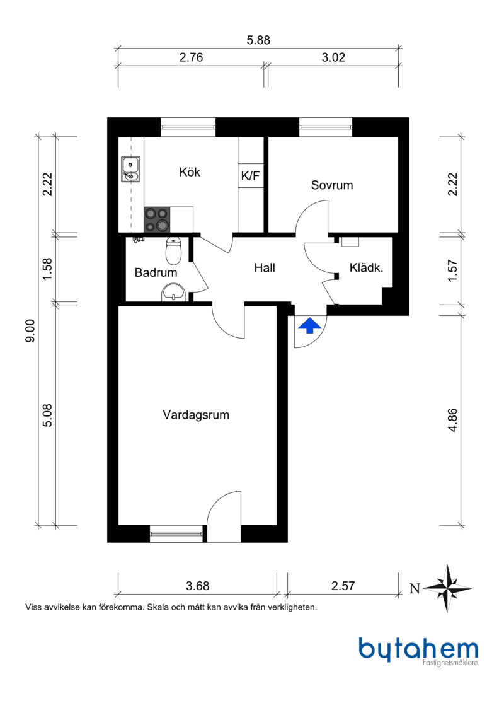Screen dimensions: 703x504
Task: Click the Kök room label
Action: [x=190, y=172]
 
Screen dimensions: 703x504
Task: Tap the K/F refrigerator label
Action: [x=250, y=177]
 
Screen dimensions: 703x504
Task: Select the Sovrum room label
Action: [x=332, y=185]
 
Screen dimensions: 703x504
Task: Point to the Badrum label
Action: [x=156, y=273]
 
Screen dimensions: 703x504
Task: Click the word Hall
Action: [x=265, y=268]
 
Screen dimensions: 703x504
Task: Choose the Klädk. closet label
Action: [x=367, y=268]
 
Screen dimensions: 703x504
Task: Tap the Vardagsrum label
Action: [x=196, y=415]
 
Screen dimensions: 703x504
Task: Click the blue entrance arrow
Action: [x=309, y=325]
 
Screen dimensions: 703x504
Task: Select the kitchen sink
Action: [x=130, y=169]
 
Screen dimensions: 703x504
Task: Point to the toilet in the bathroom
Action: [x=173, y=251]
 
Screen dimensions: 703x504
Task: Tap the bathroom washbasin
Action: [x=173, y=292]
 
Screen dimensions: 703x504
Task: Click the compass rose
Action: [x=448, y=588]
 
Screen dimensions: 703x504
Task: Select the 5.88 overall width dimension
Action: [x=258, y=40]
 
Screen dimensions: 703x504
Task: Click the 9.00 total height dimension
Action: [x=30, y=331]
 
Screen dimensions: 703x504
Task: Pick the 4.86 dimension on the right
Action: [x=452, y=419]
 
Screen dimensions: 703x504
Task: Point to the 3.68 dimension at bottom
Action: [x=197, y=586]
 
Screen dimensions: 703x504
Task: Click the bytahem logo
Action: [x=418, y=650]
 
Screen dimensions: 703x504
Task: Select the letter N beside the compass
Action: [x=415, y=590]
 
